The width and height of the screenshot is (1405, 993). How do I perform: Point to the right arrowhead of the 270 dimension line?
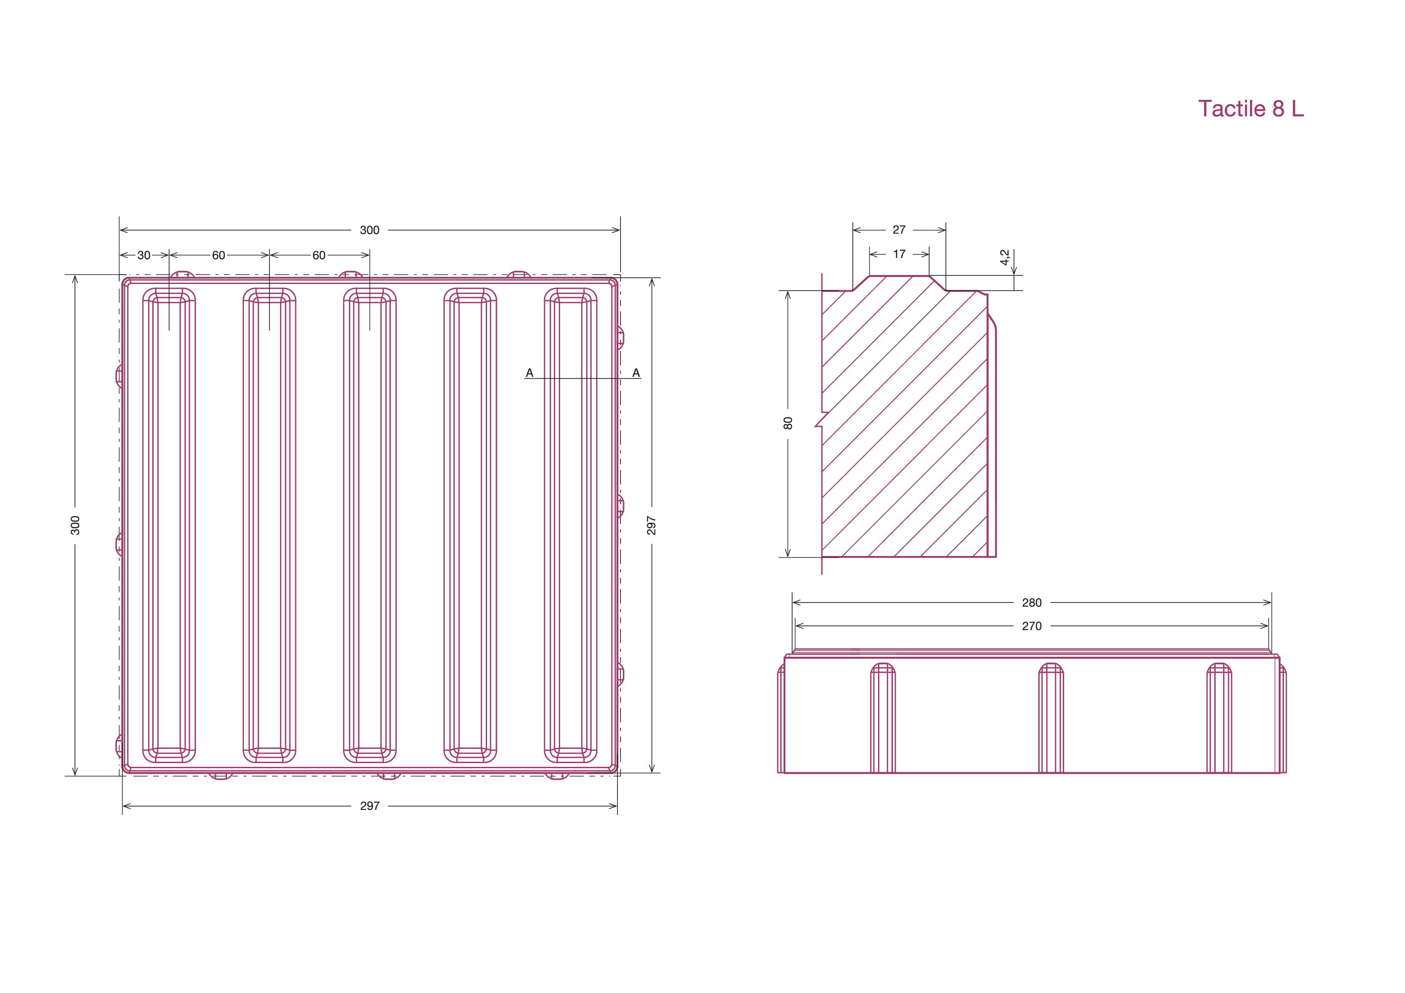(x=1265, y=626)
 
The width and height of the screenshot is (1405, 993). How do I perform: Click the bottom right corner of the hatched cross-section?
(x=987, y=556)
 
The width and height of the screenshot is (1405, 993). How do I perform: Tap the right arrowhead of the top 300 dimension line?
(x=616, y=230)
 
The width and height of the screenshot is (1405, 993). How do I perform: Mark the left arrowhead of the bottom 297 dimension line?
(x=127, y=806)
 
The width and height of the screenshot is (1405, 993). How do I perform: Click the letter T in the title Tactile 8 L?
(x=1205, y=109)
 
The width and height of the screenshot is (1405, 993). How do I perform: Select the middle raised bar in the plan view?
(x=370, y=525)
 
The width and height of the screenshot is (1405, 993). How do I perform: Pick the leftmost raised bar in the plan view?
(x=169, y=525)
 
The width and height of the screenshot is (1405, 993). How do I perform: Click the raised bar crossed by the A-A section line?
(x=570, y=525)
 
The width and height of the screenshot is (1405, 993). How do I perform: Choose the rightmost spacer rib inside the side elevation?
(x=1219, y=718)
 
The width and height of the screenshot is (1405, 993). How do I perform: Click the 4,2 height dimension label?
(x=1004, y=257)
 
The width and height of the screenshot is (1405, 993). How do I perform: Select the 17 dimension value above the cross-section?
(x=899, y=254)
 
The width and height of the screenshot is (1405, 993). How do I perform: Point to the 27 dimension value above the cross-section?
(x=899, y=230)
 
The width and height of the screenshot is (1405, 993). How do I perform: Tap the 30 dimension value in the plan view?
(x=144, y=255)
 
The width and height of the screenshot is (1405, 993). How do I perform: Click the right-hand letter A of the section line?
(x=636, y=373)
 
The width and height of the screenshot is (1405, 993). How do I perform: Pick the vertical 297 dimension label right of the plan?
(x=651, y=525)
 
